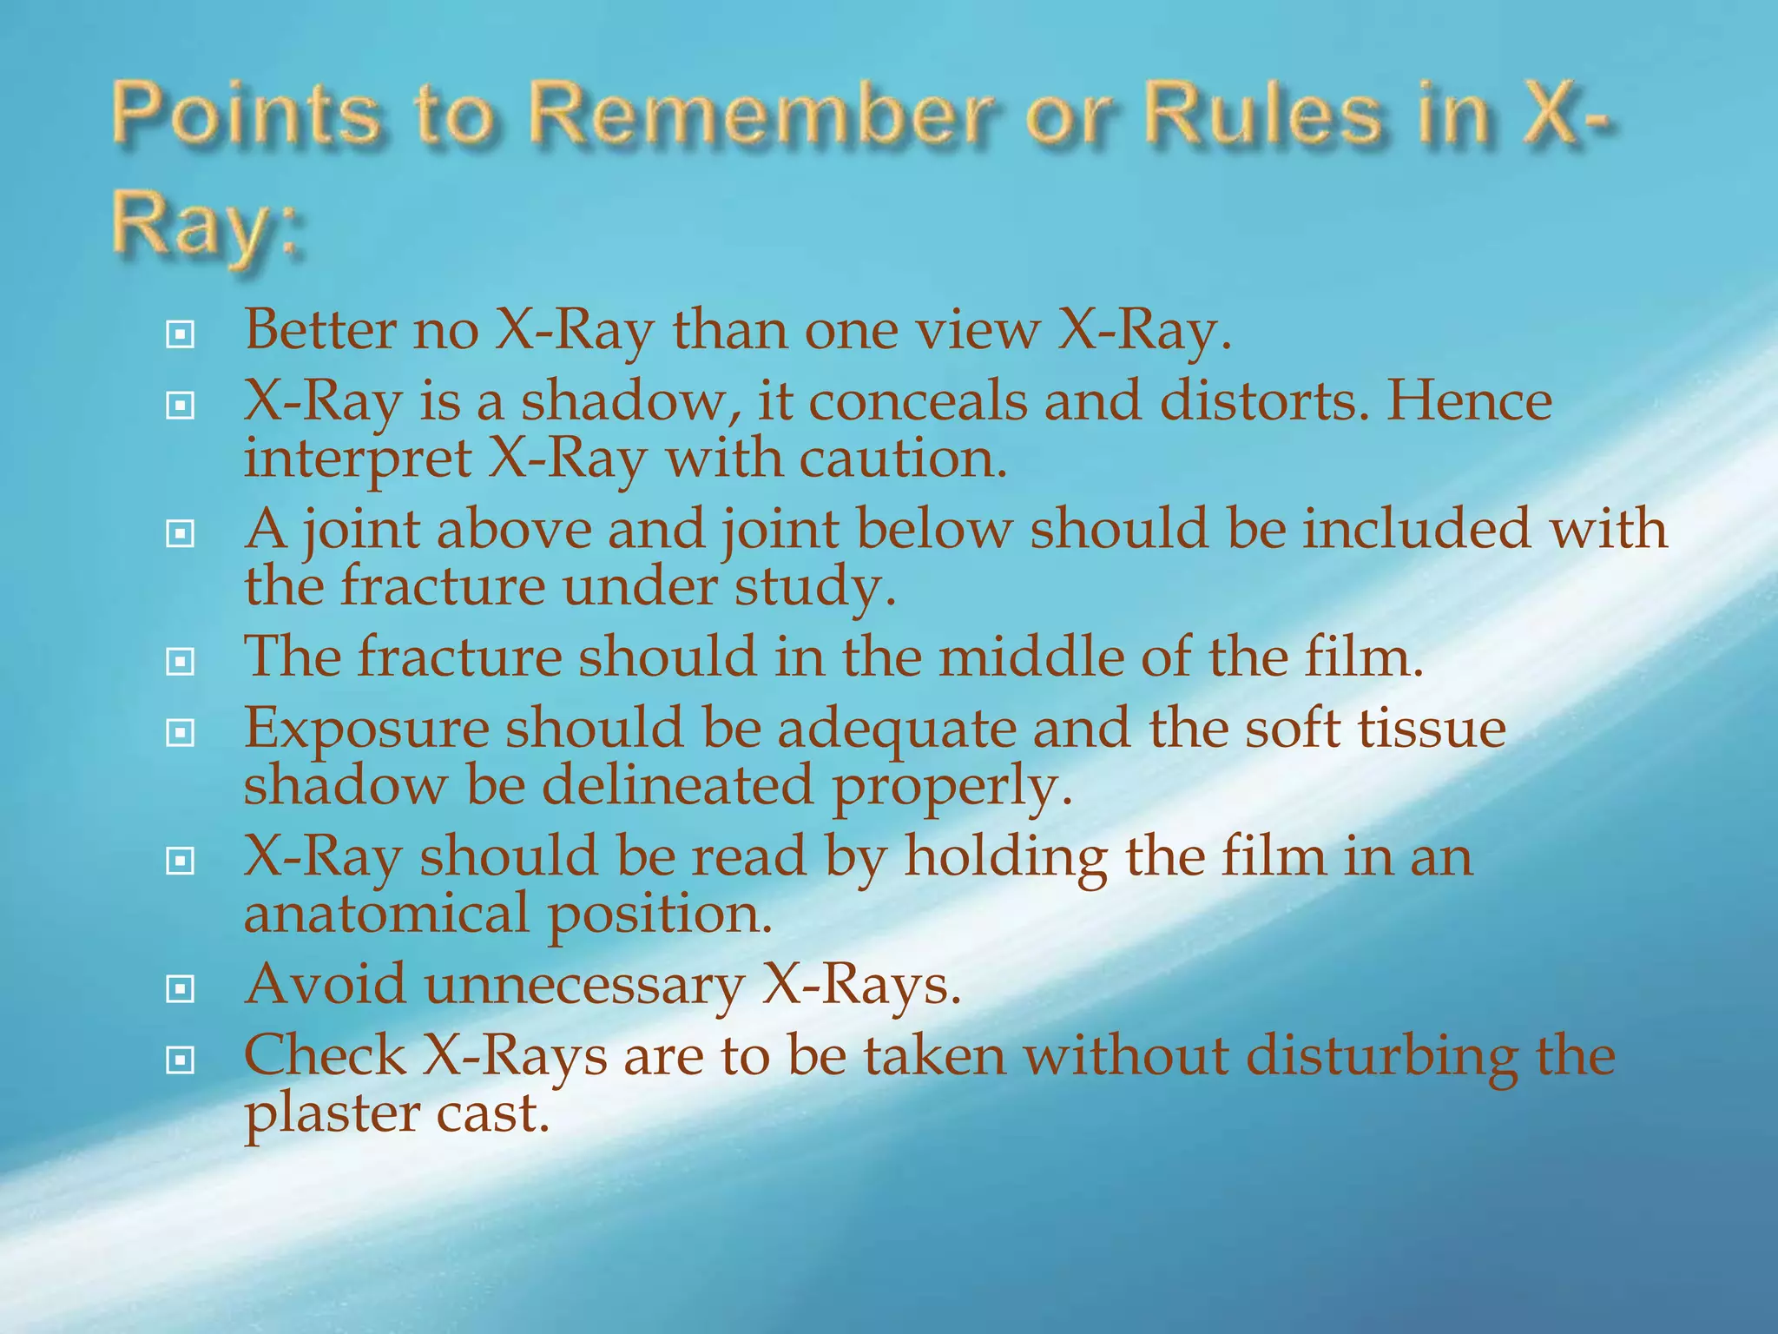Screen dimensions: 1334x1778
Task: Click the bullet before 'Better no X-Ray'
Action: click(x=180, y=334)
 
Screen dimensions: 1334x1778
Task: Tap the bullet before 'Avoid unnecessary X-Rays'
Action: click(x=180, y=988)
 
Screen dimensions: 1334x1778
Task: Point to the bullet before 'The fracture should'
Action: click(x=180, y=663)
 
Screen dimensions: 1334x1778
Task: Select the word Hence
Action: click(x=1468, y=401)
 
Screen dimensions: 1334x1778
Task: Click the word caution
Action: click(x=903, y=459)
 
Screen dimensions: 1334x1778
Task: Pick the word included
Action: click(x=1416, y=529)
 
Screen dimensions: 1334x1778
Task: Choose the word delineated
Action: click(x=678, y=785)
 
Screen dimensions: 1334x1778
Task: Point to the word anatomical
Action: click(x=385, y=914)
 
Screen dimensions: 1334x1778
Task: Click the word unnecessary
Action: click(x=584, y=986)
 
